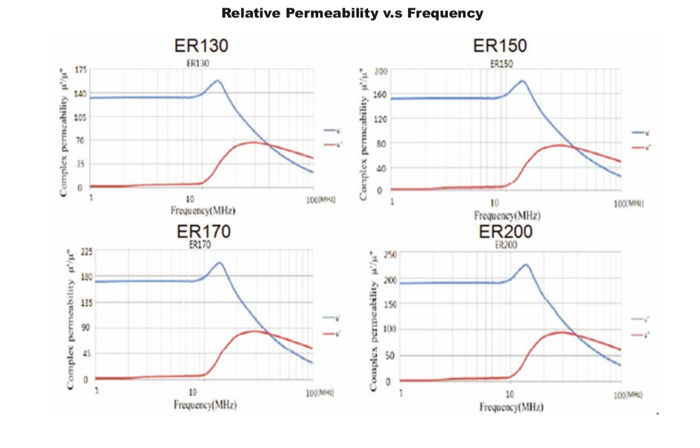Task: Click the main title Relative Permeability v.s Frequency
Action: [352, 13]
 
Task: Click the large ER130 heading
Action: [202, 46]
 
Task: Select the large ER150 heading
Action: [500, 46]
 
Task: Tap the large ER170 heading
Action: [204, 232]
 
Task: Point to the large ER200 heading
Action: [506, 232]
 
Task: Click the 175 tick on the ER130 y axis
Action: [80, 70]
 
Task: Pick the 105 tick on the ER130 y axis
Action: [80, 117]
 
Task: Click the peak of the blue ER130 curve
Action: [217, 81]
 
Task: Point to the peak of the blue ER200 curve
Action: [525, 264]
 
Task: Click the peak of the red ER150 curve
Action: [559, 145]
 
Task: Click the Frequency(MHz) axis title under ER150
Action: [507, 216]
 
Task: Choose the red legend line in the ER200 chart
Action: [636, 334]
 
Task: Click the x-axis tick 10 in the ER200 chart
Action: [510, 394]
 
